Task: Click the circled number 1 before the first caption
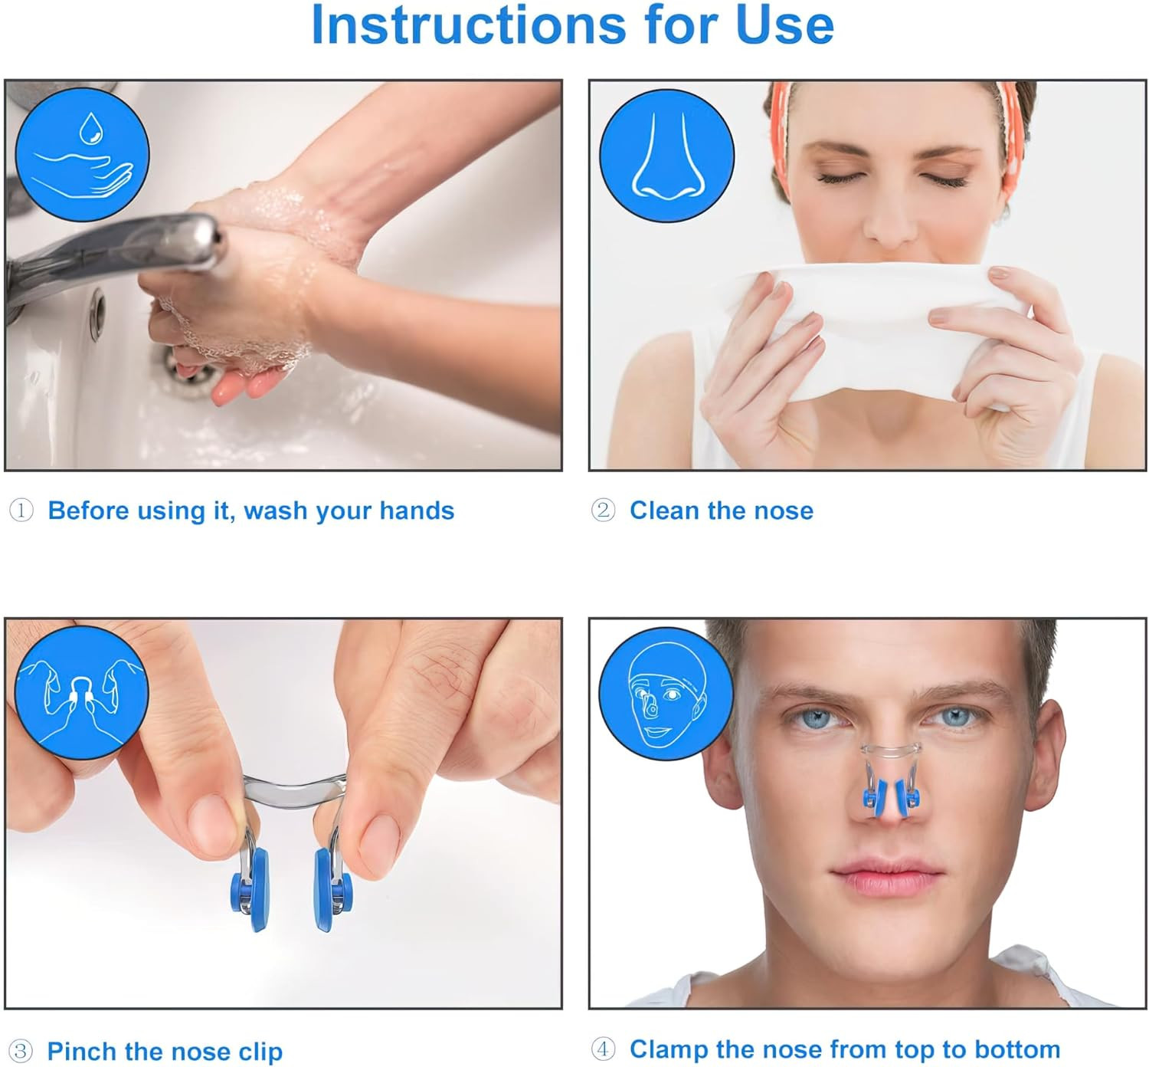point(21,510)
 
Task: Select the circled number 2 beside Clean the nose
point(603,510)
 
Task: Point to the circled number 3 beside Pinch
point(21,1051)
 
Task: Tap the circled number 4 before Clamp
point(603,1049)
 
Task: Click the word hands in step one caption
point(417,511)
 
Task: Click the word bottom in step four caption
point(1017,1049)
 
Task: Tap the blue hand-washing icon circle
point(82,155)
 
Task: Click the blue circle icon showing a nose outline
point(666,155)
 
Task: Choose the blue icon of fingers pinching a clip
point(81,692)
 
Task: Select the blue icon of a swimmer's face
point(666,694)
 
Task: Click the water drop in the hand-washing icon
point(91,128)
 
